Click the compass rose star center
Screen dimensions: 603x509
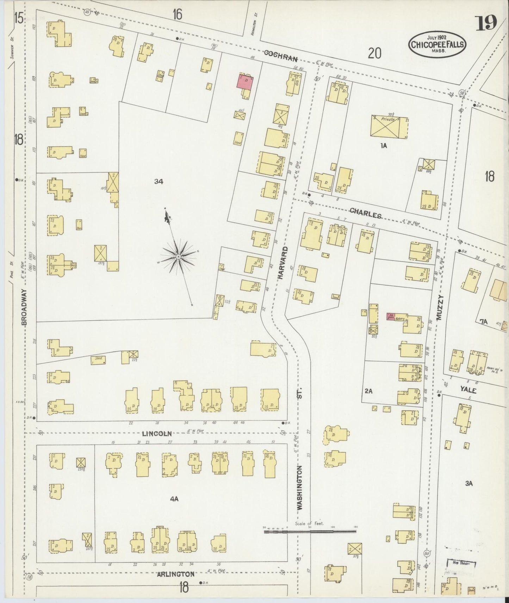(x=178, y=257)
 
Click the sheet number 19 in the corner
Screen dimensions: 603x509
(x=487, y=23)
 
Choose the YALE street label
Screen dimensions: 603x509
(x=467, y=390)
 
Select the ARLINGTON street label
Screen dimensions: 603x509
(x=175, y=574)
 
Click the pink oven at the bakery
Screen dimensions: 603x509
(x=390, y=316)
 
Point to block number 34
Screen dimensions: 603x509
(x=159, y=182)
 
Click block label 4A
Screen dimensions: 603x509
(x=174, y=498)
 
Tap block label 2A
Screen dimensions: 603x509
(x=368, y=391)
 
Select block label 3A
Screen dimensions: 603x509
(x=468, y=483)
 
